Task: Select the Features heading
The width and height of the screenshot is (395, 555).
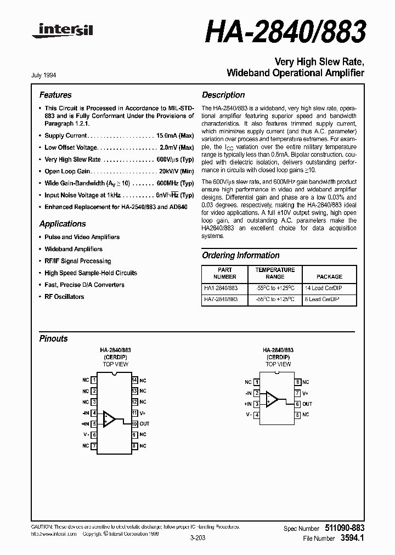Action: point(55,95)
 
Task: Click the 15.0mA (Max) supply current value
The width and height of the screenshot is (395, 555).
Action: point(175,135)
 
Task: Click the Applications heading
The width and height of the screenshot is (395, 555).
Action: point(63,224)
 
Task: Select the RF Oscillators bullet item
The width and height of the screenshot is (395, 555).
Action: point(64,297)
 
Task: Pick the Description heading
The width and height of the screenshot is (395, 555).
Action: point(223,95)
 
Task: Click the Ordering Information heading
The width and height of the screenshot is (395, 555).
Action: point(241,256)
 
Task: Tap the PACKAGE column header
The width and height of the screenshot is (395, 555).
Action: point(329,277)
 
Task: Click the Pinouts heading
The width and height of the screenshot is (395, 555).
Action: point(54,339)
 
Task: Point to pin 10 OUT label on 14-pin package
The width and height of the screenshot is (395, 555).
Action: point(144,424)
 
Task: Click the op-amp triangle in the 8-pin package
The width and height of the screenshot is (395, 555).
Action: point(272,399)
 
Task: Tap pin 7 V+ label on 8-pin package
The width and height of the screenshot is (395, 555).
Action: point(306,393)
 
